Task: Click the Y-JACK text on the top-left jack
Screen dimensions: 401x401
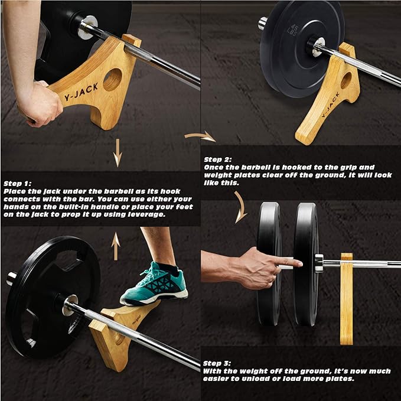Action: [x=81, y=92]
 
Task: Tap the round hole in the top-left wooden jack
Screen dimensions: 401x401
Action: [x=113, y=79]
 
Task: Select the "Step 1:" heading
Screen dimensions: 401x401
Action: [x=17, y=184]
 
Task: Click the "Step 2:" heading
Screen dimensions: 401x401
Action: [x=218, y=159]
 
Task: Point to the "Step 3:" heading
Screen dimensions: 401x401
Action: [x=217, y=363]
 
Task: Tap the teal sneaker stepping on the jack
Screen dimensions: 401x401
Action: [x=154, y=285]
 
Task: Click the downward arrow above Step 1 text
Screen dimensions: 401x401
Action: [x=118, y=153]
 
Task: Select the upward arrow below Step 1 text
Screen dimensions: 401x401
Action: [x=116, y=246]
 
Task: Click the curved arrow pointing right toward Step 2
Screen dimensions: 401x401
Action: [x=200, y=136]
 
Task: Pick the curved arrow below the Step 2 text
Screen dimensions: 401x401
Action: [x=241, y=207]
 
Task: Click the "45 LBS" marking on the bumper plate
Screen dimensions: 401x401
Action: [x=294, y=30]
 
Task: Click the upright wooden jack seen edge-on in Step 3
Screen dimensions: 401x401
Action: [x=347, y=299]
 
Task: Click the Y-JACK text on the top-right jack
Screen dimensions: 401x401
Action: [x=330, y=105]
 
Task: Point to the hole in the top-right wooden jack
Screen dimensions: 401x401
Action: [x=346, y=80]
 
